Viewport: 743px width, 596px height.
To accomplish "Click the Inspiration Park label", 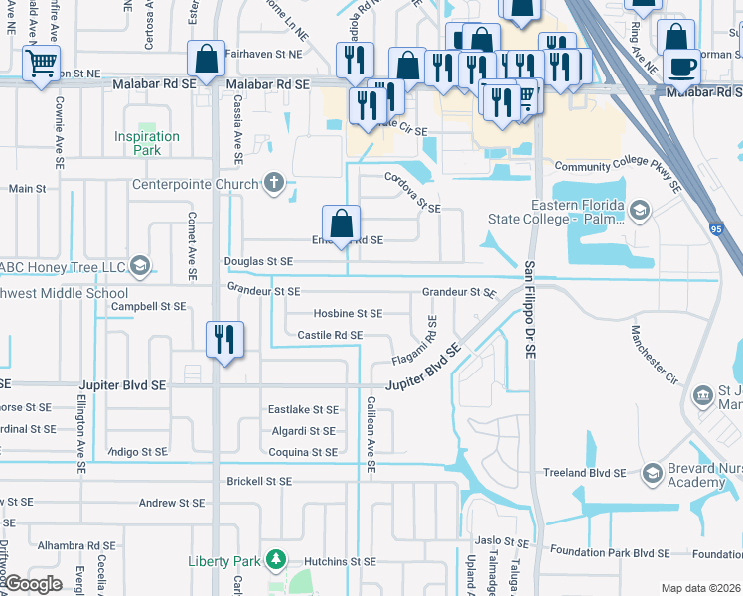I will pyautogui.click(x=147, y=143).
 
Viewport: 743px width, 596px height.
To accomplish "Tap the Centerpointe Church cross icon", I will pyautogui.click(x=275, y=183).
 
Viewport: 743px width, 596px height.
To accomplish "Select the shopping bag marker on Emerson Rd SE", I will pyautogui.click(x=341, y=223).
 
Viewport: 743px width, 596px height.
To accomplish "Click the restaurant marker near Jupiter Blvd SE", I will pyautogui.click(x=224, y=340).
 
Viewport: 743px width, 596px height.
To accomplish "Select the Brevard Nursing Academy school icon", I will pyautogui.click(x=652, y=473).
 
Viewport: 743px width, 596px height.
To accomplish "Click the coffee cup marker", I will pyautogui.click(x=681, y=67).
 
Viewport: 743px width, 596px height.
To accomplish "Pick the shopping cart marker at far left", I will pyautogui.click(x=41, y=65).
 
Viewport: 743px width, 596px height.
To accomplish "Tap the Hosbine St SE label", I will pyautogui.click(x=349, y=313).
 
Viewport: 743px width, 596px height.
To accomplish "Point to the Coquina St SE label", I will pyautogui.click(x=303, y=452).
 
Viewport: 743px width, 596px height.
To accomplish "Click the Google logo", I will pyautogui.click(x=32, y=585).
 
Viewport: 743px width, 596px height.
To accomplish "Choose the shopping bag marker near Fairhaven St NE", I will pyautogui.click(x=206, y=60).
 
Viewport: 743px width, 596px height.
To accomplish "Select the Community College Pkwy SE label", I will pyautogui.click(x=617, y=171).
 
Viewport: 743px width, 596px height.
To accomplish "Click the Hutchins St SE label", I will pyautogui.click(x=341, y=561).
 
